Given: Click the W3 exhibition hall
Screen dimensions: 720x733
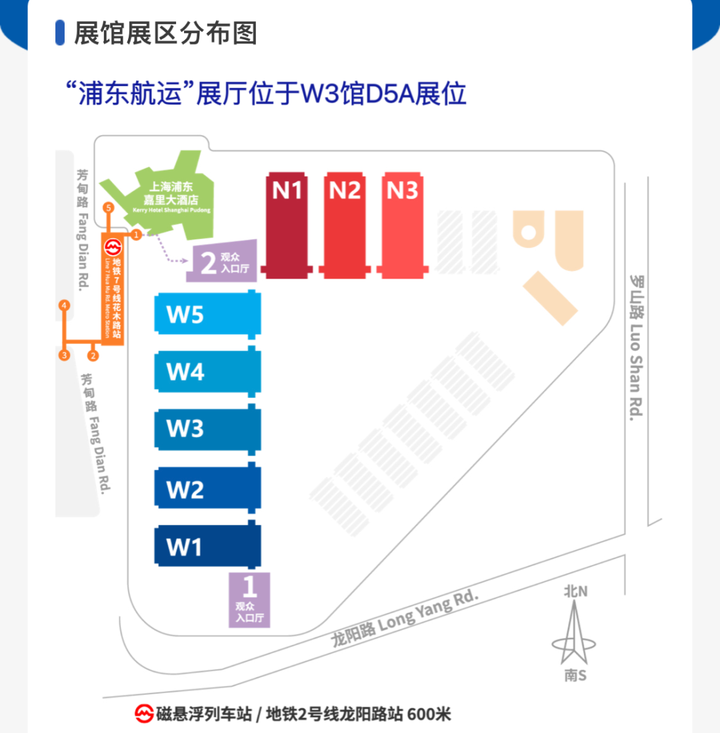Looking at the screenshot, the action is click(207, 428).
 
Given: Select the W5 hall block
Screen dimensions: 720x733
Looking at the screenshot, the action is click(207, 313).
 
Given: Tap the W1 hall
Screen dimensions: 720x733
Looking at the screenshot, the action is click(207, 546).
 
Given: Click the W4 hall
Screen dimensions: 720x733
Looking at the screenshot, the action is click(207, 371).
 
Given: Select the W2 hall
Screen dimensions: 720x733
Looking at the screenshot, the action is click(207, 489).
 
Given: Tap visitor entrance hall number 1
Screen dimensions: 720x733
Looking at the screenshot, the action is click(249, 599).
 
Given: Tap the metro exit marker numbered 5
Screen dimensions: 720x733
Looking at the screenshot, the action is click(109, 209).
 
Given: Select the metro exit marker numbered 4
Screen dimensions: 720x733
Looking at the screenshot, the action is click(64, 306).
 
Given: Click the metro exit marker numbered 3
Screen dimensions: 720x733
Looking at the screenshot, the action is click(64, 355).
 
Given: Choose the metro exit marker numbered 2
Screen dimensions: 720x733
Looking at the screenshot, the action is click(93, 355).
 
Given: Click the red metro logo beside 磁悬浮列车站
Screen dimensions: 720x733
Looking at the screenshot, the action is click(143, 714).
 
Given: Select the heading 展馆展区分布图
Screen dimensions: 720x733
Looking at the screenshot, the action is click(165, 33).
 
